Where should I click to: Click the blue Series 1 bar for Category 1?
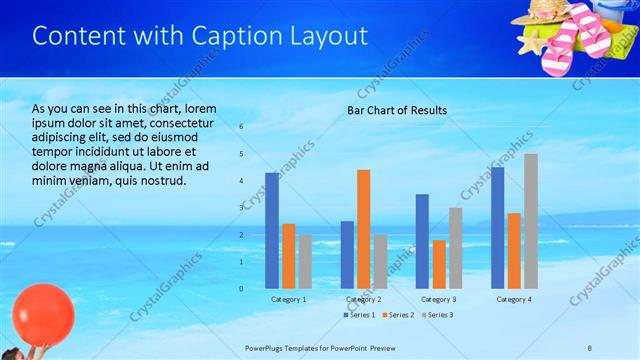tap(272, 230)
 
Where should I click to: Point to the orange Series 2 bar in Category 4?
tap(514, 250)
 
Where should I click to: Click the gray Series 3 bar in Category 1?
tap(304, 261)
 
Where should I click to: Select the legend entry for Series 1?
tap(360, 315)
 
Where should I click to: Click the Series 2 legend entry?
tap(400, 315)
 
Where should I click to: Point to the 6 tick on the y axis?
tap(241, 126)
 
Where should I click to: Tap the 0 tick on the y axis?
tap(241, 288)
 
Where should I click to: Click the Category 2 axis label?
tap(363, 299)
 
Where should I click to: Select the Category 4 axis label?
tap(514, 299)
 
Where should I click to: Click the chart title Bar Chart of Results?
tap(397, 110)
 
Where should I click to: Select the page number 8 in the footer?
tap(590, 347)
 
